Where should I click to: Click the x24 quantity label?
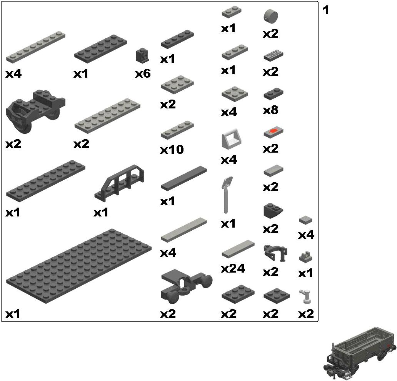[233, 268]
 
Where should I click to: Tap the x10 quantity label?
[172, 150]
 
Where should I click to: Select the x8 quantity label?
[270, 111]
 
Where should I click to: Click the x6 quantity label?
[143, 73]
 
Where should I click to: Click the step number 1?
[326, 10]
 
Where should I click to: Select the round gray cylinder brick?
[271, 16]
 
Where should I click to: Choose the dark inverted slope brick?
[273, 210]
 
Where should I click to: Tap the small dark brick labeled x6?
[142, 55]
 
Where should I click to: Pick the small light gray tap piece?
[306, 296]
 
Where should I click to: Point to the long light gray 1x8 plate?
[35, 46]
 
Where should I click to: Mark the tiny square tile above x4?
[306, 220]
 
